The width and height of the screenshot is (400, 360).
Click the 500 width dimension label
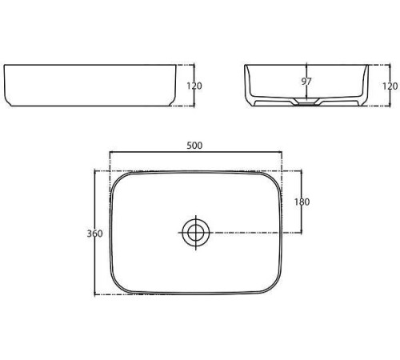pyautogui.click(x=194, y=146)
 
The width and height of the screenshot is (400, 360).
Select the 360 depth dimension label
pyautogui.click(x=94, y=234)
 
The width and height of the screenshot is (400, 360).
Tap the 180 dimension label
pyautogui.click(x=302, y=202)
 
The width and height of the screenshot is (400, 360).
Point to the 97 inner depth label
pyautogui.click(x=306, y=82)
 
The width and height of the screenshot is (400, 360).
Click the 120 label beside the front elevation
pyautogui.click(x=194, y=86)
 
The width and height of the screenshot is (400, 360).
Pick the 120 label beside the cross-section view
pyautogui.click(x=390, y=86)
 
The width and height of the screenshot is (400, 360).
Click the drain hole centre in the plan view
pyautogui.click(x=196, y=233)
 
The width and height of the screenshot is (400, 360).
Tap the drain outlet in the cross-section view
pyautogui.click(x=306, y=102)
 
